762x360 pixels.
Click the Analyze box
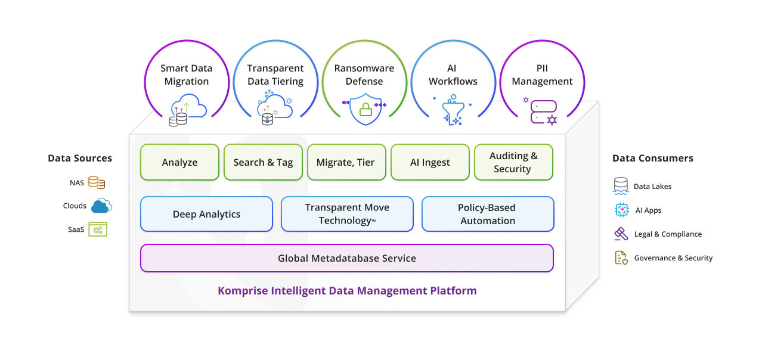click(x=179, y=162)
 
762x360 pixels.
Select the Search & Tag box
click(x=263, y=162)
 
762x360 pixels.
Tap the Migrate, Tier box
click(x=346, y=162)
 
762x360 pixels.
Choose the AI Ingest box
click(x=430, y=162)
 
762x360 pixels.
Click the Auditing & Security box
click(x=513, y=162)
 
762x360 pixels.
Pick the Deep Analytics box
click(x=206, y=214)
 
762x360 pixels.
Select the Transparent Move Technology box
click(x=347, y=214)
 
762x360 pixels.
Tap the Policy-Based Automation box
click(x=487, y=214)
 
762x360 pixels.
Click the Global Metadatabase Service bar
click(x=347, y=258)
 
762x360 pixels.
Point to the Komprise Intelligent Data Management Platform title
click(x=347, y=291)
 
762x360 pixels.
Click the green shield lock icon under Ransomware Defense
click(x=365, y=110)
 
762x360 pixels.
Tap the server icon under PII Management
click(x=543, y=111)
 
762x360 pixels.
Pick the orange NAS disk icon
click(x=97, y=183)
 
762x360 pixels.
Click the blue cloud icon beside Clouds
click(x=101, y=206)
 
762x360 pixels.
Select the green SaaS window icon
click(x=98, y=229)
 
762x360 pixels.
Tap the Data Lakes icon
click(x=621, y=186)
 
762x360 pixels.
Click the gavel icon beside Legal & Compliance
click(x=621, y=234)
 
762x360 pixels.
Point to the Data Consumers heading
click(x=652, y=159)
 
